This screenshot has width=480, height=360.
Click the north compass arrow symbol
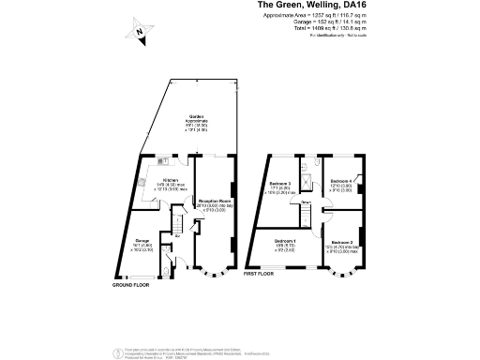pos(140,33)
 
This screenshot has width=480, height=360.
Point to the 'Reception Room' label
pos(215,200)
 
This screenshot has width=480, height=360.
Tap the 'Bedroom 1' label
pos(286,242)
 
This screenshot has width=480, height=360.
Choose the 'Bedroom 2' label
pos(343,242)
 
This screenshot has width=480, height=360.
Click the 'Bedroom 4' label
pos(342,180)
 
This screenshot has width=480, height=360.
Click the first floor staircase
pos(307,216)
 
